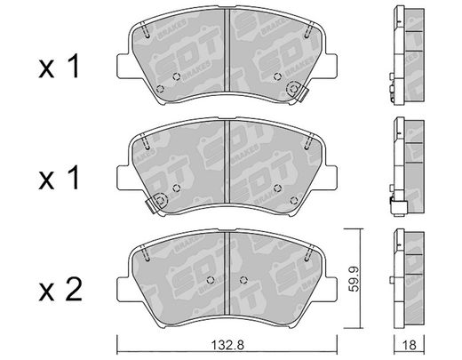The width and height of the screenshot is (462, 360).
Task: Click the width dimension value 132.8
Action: tap(227, 345)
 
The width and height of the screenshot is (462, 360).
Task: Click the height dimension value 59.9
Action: tap(354, 279)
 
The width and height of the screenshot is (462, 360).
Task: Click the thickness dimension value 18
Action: tap(409, 345)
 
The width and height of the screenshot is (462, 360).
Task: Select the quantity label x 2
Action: tap(60, 289)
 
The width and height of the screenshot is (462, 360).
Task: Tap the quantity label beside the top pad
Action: tap(60, 66)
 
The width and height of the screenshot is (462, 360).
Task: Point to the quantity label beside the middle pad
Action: tap(60, 178)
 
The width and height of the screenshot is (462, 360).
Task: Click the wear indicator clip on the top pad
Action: tap(298, 92)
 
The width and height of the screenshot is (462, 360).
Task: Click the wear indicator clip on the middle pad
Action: tap(156, 203)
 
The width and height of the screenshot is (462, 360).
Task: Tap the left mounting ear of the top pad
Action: tap(123, 66)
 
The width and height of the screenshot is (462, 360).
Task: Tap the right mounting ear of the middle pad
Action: tap(331, 178)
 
